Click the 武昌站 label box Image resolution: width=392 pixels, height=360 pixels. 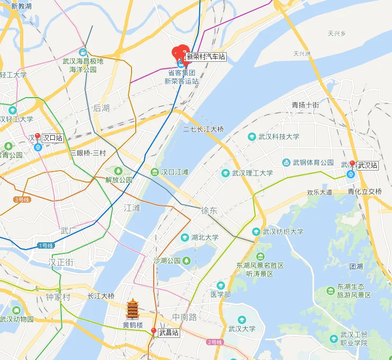tap(169, 333)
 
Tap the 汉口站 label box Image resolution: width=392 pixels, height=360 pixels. tap(52, 138)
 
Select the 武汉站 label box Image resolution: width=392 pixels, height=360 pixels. tap(368, 166)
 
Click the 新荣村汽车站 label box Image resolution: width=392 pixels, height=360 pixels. tap(206, 56)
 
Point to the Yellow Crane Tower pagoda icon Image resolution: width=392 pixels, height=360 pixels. tap(133, 309)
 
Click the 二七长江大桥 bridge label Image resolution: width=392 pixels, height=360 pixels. tap(203, 129)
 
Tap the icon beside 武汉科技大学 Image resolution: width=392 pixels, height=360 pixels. tap(253, 137)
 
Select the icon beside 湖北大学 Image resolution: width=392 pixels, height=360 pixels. tap(184, 238)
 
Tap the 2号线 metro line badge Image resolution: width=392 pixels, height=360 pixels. tap(214, 342)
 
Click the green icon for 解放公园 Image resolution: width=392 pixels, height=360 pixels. tap(118, 170)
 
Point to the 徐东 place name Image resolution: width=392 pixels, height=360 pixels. tap(209, 210)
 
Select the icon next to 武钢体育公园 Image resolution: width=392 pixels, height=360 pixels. tap(286, 163)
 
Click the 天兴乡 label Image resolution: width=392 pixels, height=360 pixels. tap(336, 34)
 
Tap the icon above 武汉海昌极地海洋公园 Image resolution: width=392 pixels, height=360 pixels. tap(83, 52)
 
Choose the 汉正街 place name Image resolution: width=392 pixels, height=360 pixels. tap(61, 262)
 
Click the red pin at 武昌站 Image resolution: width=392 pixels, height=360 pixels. tap(154, 331)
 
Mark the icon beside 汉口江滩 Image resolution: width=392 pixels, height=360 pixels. tap(154, 172)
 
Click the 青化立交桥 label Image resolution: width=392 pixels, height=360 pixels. tap(365, 192)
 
